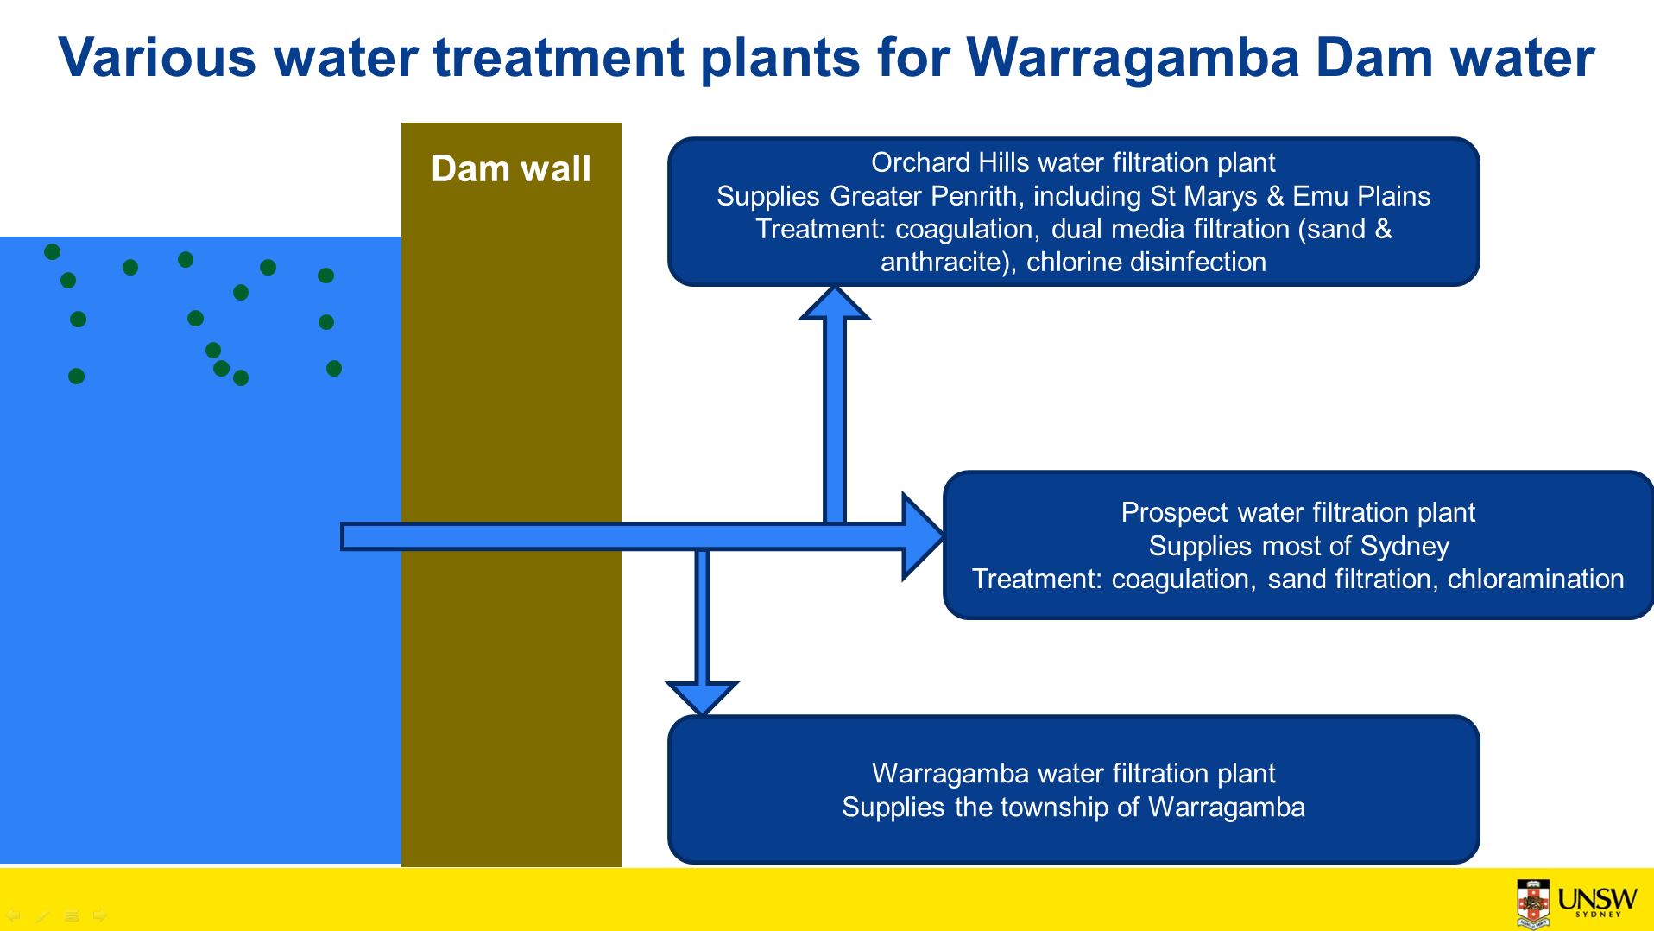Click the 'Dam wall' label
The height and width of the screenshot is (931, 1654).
511,168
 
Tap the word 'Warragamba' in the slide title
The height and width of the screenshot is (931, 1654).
1133,58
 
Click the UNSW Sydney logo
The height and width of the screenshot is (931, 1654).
1576,902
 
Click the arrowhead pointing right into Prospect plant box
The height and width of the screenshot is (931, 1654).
923,536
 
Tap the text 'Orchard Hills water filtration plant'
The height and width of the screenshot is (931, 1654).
1073,162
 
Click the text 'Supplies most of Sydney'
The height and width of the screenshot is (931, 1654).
1298,546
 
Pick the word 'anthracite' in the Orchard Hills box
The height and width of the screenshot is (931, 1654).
944,262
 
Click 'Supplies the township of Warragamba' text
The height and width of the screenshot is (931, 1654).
1073,807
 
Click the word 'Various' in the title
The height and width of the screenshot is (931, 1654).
157,58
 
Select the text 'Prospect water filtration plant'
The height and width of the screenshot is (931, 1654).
1298,512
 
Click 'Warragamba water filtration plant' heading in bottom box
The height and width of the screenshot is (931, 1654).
1073,773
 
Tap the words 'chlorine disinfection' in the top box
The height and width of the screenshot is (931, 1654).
1146,262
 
